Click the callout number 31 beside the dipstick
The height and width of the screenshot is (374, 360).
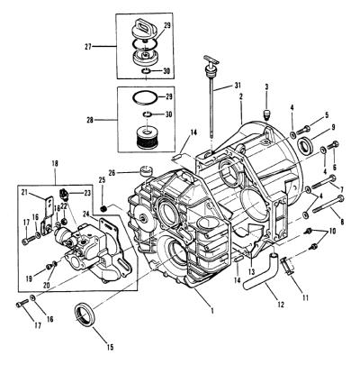(237, 86)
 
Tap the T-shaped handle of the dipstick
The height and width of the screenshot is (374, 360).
(211, 59)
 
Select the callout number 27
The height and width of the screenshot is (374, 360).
(87, 47)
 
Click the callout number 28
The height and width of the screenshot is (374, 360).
(89, 120)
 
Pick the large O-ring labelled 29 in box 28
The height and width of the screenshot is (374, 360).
(145, 97)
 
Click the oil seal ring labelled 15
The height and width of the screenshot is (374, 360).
(85, 315)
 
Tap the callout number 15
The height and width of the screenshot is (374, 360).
(110, 347)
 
